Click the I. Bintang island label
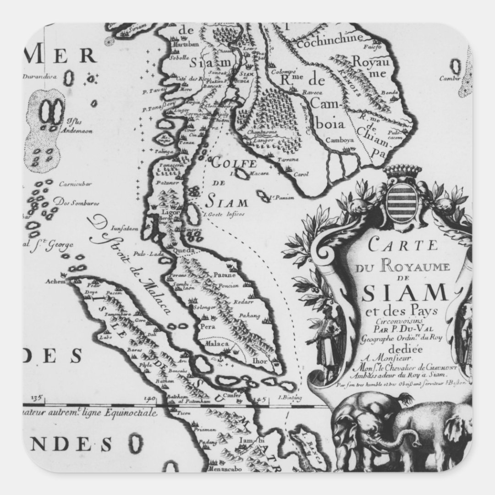click(288, 397)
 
